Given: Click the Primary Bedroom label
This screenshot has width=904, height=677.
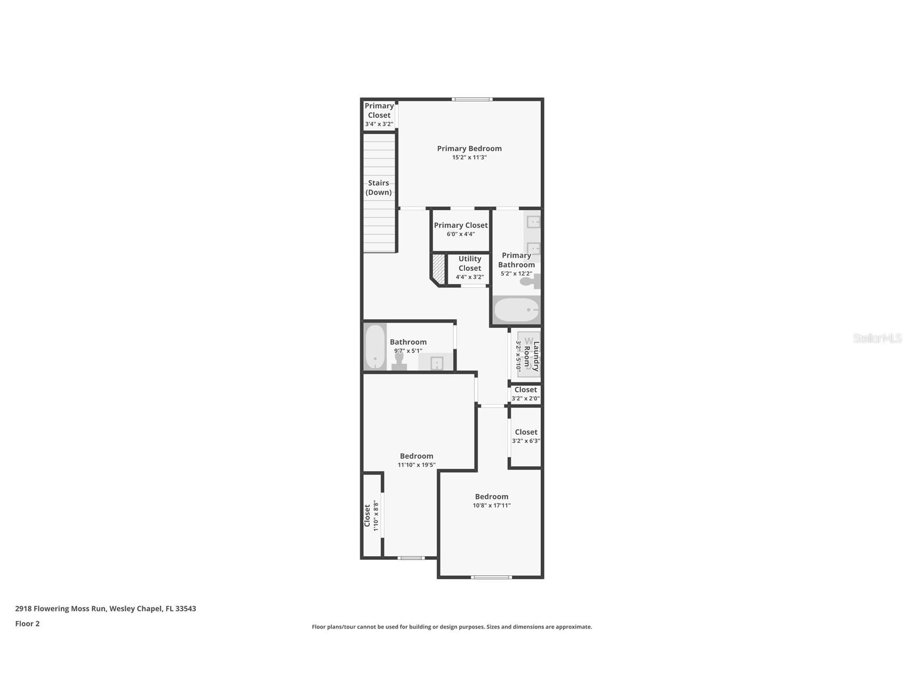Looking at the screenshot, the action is pyautogui.click(x=469, y=148).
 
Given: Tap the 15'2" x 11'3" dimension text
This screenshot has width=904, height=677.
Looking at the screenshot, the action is pyautogui.click(x=469, y=158).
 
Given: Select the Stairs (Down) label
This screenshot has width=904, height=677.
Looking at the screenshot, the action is pyautogui.click(x=379, y=187).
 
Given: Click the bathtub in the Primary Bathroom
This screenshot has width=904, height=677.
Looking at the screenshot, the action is pyautogui.click(x=517, y=309).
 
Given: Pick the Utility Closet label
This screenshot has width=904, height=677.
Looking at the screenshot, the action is pyautogui.click(x=470, y=263).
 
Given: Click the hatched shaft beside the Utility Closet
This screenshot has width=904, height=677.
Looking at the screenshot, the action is pyautogui.click(x=438, y=269).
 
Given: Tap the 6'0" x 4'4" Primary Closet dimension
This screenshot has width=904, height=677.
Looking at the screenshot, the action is pyautogui.click(x=461, y=234).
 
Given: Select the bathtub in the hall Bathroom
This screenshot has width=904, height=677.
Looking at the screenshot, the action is pyautogui.click(x=375, y=346).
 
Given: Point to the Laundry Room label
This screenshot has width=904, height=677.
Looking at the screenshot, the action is pyautogui.click(x=532, y=357).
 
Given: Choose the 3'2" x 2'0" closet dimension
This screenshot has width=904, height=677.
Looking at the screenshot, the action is pyautogui.click(x=526, y=399).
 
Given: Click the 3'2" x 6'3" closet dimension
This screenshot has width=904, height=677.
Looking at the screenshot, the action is pyautogui.click(x=526, y=441).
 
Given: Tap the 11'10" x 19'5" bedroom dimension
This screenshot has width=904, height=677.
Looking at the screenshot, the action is pyautogui.click(x=417, y=465).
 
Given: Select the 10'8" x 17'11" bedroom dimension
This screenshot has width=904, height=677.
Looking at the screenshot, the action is pyautogui.click(x=492, y=506).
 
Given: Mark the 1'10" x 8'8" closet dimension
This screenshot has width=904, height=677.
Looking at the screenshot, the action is pyautogui.click(x=376, y=516).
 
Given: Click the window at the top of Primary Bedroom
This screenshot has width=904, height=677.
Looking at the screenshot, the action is pyautogui.click(x=473, y=99).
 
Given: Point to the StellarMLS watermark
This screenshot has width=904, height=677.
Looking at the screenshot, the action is pyautogui.click(x=877, y=338).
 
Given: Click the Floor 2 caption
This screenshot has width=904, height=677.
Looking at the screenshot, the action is pyautogui.click(x=27, y=624).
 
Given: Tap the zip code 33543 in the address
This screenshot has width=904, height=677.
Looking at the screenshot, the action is pyautogui.click(x=186, y=608).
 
